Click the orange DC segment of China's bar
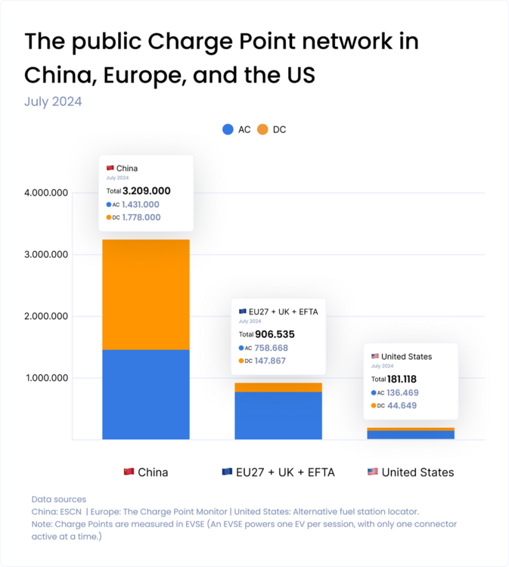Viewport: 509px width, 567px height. pyautogui.click(x=146, y=294)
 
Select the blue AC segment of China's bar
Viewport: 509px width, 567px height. pyautogui.click(x=146, y=394)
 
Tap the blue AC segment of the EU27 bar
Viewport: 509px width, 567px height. pyautogui.click(x=278, y=415)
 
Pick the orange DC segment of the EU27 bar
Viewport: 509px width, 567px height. pyautogui.click(x=278, y=387)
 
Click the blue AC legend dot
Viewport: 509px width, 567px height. pyautogui.click(x=228, y=129)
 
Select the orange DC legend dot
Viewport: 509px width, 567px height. pyautogui.click(x=262, y=129)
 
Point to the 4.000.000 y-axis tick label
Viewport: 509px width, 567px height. pyautogui.click(x=47, y=193)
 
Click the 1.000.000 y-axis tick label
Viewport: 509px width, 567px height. pyautogui.click(x=47, y=378)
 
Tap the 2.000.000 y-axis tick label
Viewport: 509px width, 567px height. pyautogui.click(x=47, y=316)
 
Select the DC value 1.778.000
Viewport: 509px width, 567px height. pyautogui.click(x=141, y=217)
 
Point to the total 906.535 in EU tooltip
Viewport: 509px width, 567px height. pyautogui.click(x=275, y=333)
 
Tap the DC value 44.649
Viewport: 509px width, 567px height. pyautogui.click(x=402, y=406)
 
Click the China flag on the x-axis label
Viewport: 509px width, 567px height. pyautogui.click(x=129, y=472)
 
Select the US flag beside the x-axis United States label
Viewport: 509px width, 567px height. pyautogui.click(x=372, y=472)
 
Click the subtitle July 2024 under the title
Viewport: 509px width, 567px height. pyautogui.click(x=53, y=101)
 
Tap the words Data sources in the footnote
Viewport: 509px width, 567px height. pyautogui.click(x=59, y=499)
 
